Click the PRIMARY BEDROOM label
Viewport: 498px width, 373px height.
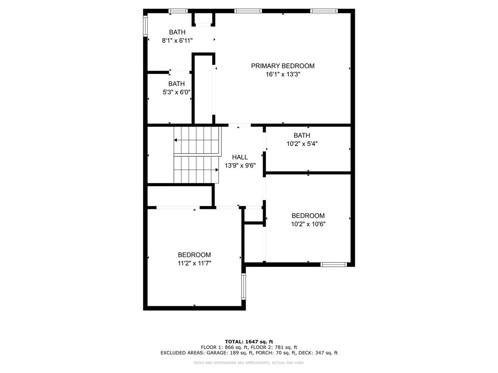coord(283,66)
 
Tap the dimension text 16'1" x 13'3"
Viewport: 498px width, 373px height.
coord(283,75)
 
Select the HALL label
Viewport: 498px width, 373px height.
coord(240,157)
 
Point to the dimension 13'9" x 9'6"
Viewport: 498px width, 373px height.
coord(240,165)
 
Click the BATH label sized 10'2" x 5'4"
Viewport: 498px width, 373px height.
coord(302,136)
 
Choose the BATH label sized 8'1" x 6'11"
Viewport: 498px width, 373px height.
coord(177,32)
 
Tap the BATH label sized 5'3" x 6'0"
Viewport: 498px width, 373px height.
coord(176,84)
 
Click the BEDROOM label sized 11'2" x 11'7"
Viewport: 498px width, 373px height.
coord(194,255)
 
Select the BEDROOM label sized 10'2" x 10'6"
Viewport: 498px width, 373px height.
coord(308,216)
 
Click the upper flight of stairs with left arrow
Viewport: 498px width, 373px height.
coord(196,140)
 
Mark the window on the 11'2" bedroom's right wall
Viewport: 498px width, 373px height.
coord(244,286)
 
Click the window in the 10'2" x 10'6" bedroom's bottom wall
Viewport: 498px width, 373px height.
coord(334,264)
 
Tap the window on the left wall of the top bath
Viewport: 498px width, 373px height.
coord(145,25)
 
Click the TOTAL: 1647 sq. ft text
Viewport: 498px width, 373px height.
coord(249,342)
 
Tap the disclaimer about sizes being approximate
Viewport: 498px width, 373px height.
coord(249,363)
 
